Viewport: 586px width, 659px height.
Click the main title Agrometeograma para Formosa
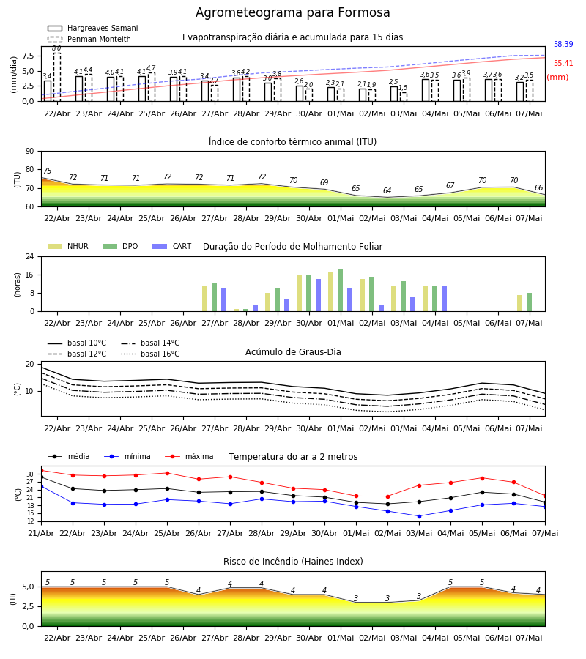tap(292, 12)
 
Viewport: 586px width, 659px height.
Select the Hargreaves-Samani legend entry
tap(93, 28)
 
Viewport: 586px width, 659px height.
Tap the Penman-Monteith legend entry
tap(89, 39)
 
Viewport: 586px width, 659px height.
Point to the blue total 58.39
tap(563, 44)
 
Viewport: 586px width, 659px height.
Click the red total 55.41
tap(563, 64)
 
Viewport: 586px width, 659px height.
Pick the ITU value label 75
tap(47, 171)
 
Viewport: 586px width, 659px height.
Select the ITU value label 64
tap(387, 190)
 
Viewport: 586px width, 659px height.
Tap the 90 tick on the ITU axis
tap(29, 152)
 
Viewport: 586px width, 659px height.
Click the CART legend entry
tap(172, 246)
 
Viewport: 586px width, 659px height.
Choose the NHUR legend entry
tap(68, 246)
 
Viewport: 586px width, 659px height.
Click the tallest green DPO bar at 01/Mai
tap(340, 291)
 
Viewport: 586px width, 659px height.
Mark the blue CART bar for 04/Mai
tap(445, 299)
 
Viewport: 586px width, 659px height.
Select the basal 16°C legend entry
tap(150, 354)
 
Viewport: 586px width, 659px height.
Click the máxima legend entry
tap(190, 456)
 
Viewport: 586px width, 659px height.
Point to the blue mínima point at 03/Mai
tap(419, 516)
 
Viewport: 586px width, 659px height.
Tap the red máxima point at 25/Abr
tap(167, 473)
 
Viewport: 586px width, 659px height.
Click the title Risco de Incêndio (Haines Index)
tap(293, 562)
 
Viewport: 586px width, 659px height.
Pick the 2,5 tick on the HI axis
tap(28, 606)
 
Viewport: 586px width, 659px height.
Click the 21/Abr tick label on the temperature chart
tap(41, 533)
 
